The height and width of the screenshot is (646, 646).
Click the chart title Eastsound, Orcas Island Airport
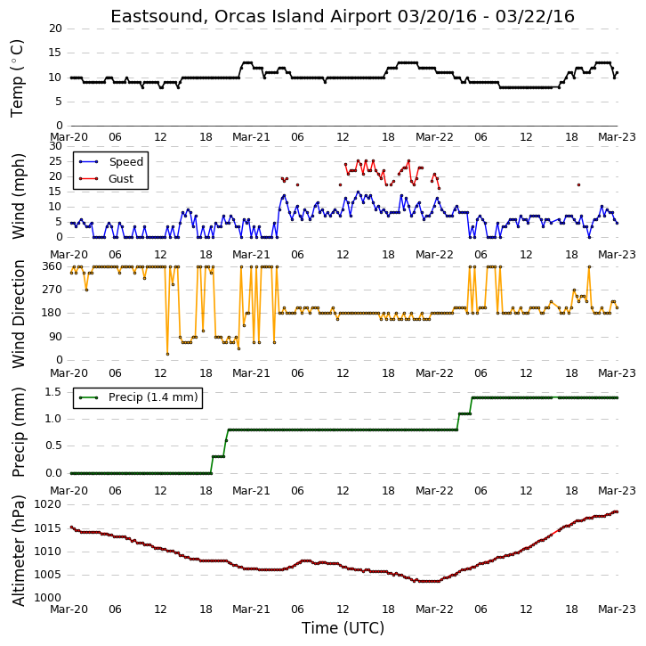click(251, 17)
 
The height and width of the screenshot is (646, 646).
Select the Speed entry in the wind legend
click(126, 161)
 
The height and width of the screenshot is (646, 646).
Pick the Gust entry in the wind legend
click(121, 178)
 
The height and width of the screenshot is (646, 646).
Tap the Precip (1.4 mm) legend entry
click(153, 397)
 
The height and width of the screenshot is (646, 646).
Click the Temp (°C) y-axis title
click(17, 78)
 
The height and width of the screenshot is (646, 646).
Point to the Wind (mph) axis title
click(19, 196)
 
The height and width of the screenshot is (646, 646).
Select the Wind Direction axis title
click(19, 314)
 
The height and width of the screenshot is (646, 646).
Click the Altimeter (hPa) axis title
click(19, 551)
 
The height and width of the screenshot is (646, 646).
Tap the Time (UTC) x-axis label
click(343, 628)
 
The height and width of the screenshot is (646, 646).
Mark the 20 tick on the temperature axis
click(55, 29)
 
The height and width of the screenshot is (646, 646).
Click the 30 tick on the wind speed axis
click(55, 146)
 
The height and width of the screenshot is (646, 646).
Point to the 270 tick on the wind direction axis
click(52, 290)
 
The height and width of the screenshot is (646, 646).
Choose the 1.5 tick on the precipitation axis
click(53, 391)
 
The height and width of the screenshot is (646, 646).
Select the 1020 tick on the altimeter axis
click(48, 504)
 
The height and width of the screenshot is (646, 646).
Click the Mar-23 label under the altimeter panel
click(617, 609)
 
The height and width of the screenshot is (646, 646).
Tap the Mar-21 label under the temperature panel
click(251, 137)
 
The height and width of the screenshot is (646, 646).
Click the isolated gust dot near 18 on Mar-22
click(579, 184)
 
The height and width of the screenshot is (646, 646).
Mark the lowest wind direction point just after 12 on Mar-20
click(167, 354)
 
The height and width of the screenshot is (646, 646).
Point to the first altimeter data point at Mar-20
click(71, 527)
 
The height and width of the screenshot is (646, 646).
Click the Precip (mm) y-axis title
click(19, 432)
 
